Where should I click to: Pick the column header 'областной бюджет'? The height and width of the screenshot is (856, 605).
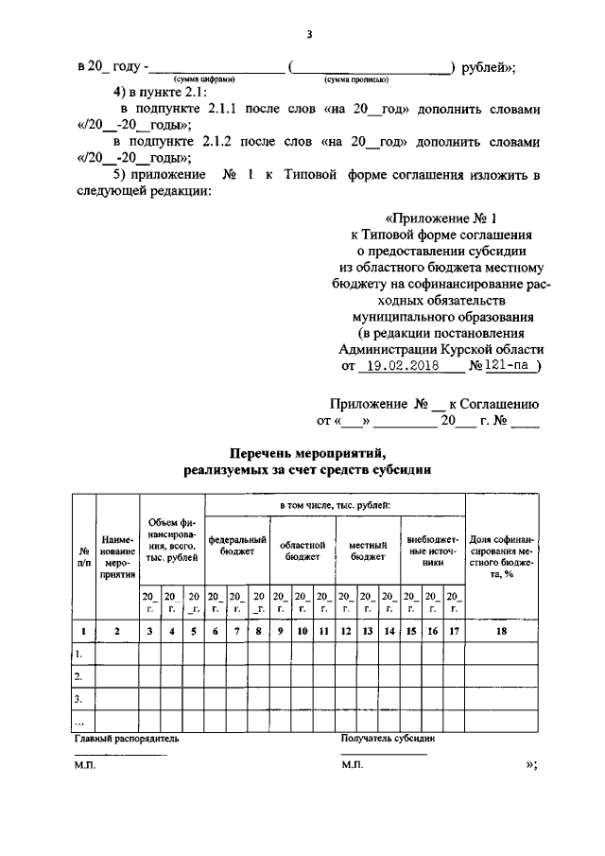click(302, 551)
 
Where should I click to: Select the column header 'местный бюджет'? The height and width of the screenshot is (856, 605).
click(368, 551)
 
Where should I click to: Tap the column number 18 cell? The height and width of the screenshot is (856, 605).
click(502, 631)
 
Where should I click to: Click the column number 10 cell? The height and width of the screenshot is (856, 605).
click(302, 631)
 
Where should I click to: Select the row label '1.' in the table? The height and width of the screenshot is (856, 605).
click(79, 654)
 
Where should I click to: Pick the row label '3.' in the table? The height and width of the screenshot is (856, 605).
click(79, 699)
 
